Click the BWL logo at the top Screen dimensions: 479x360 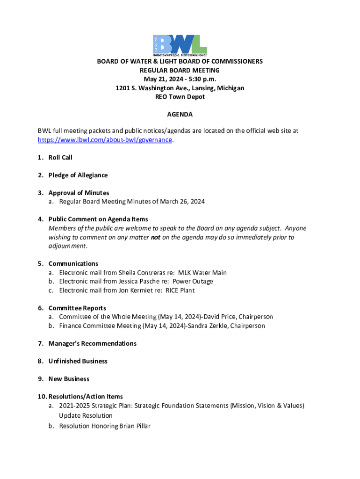(180, 44)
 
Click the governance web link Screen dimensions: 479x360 (105, 140)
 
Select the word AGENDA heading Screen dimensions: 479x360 (180, 115)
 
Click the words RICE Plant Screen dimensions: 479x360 (180, 290)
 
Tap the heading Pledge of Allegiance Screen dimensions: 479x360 (78, 175)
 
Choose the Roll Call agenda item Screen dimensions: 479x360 (60, 158)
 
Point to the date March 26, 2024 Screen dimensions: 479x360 (182, 202)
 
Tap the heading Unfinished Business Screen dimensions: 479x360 (78, 361)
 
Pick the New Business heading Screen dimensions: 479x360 (69, 379)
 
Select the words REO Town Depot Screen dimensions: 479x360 (180, 97)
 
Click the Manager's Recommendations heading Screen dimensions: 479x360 (93, 343)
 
